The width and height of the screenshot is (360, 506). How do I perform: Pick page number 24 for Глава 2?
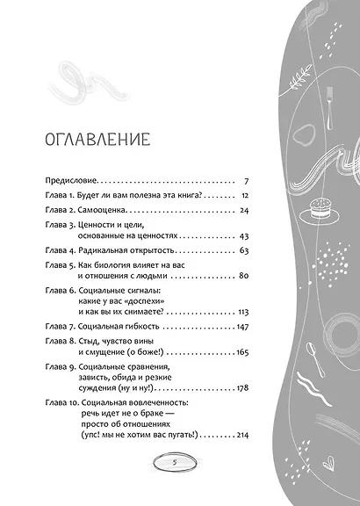click(x=246, y=212)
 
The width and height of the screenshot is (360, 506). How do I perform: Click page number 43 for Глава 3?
click(x=246, y=237)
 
